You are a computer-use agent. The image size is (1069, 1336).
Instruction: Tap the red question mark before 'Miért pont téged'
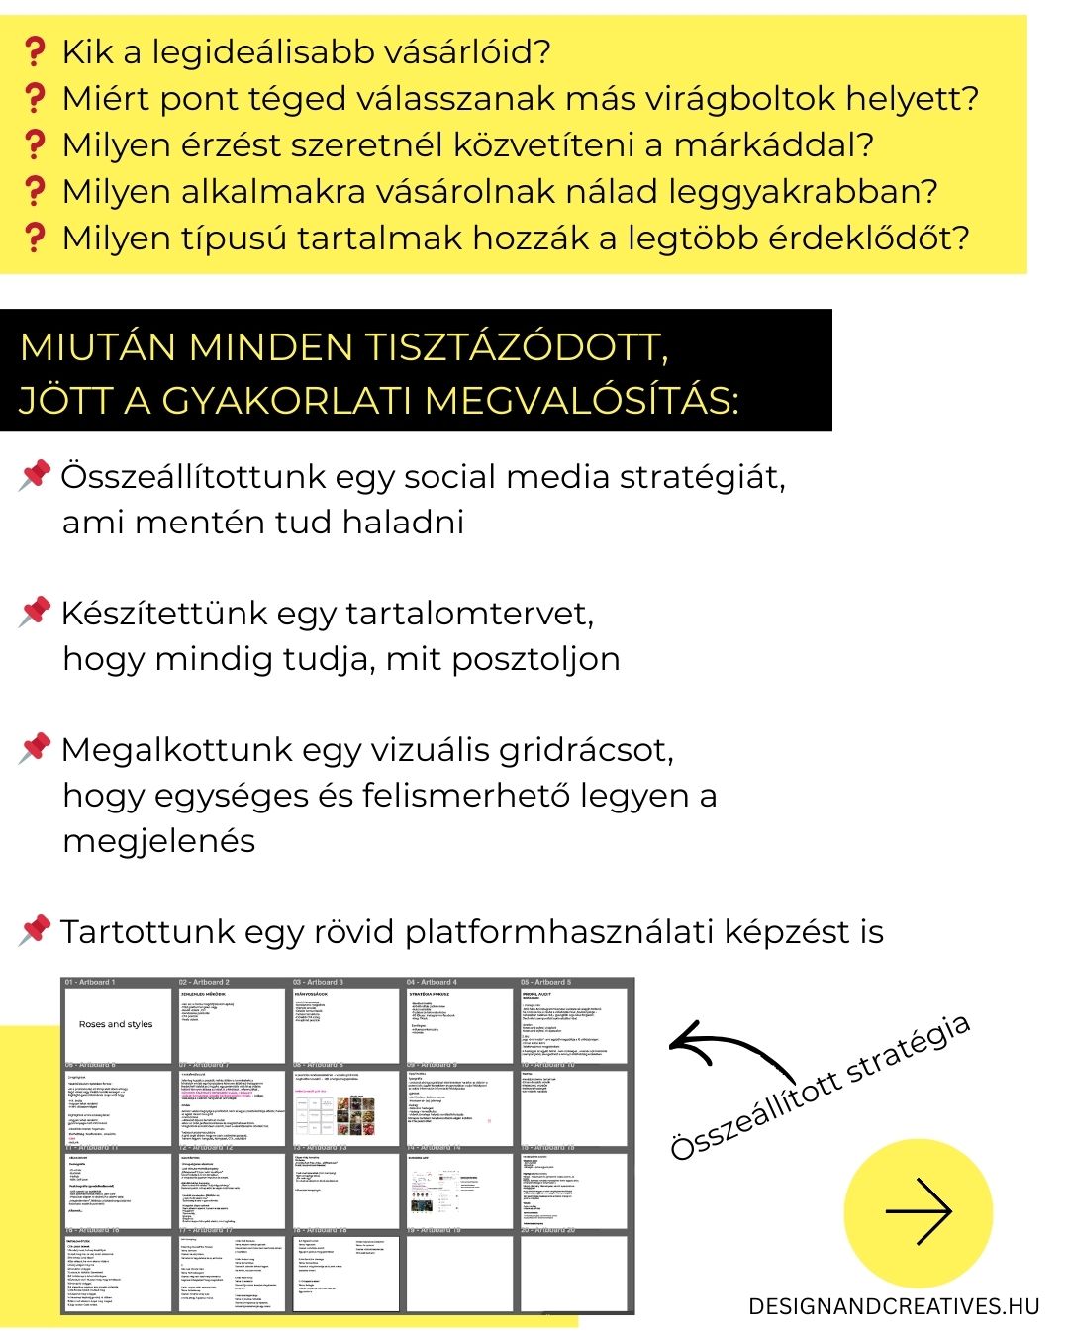[35, 98]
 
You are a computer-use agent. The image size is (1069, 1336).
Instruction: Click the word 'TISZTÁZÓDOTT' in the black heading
[517, 348]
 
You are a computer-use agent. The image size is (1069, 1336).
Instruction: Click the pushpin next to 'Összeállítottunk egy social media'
[35, 475]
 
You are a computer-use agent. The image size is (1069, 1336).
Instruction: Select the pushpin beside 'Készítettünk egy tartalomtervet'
[35, 612]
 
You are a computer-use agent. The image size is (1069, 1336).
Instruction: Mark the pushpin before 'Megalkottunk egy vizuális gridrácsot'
[35, 748]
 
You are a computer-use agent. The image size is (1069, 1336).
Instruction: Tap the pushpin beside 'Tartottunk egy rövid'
[35, 930]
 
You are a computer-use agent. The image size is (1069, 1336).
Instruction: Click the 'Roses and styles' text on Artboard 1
[116, 1024]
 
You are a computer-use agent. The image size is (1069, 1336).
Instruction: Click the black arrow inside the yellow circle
[919, 1211]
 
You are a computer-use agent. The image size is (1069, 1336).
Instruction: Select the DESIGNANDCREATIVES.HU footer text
[895, 1306]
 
